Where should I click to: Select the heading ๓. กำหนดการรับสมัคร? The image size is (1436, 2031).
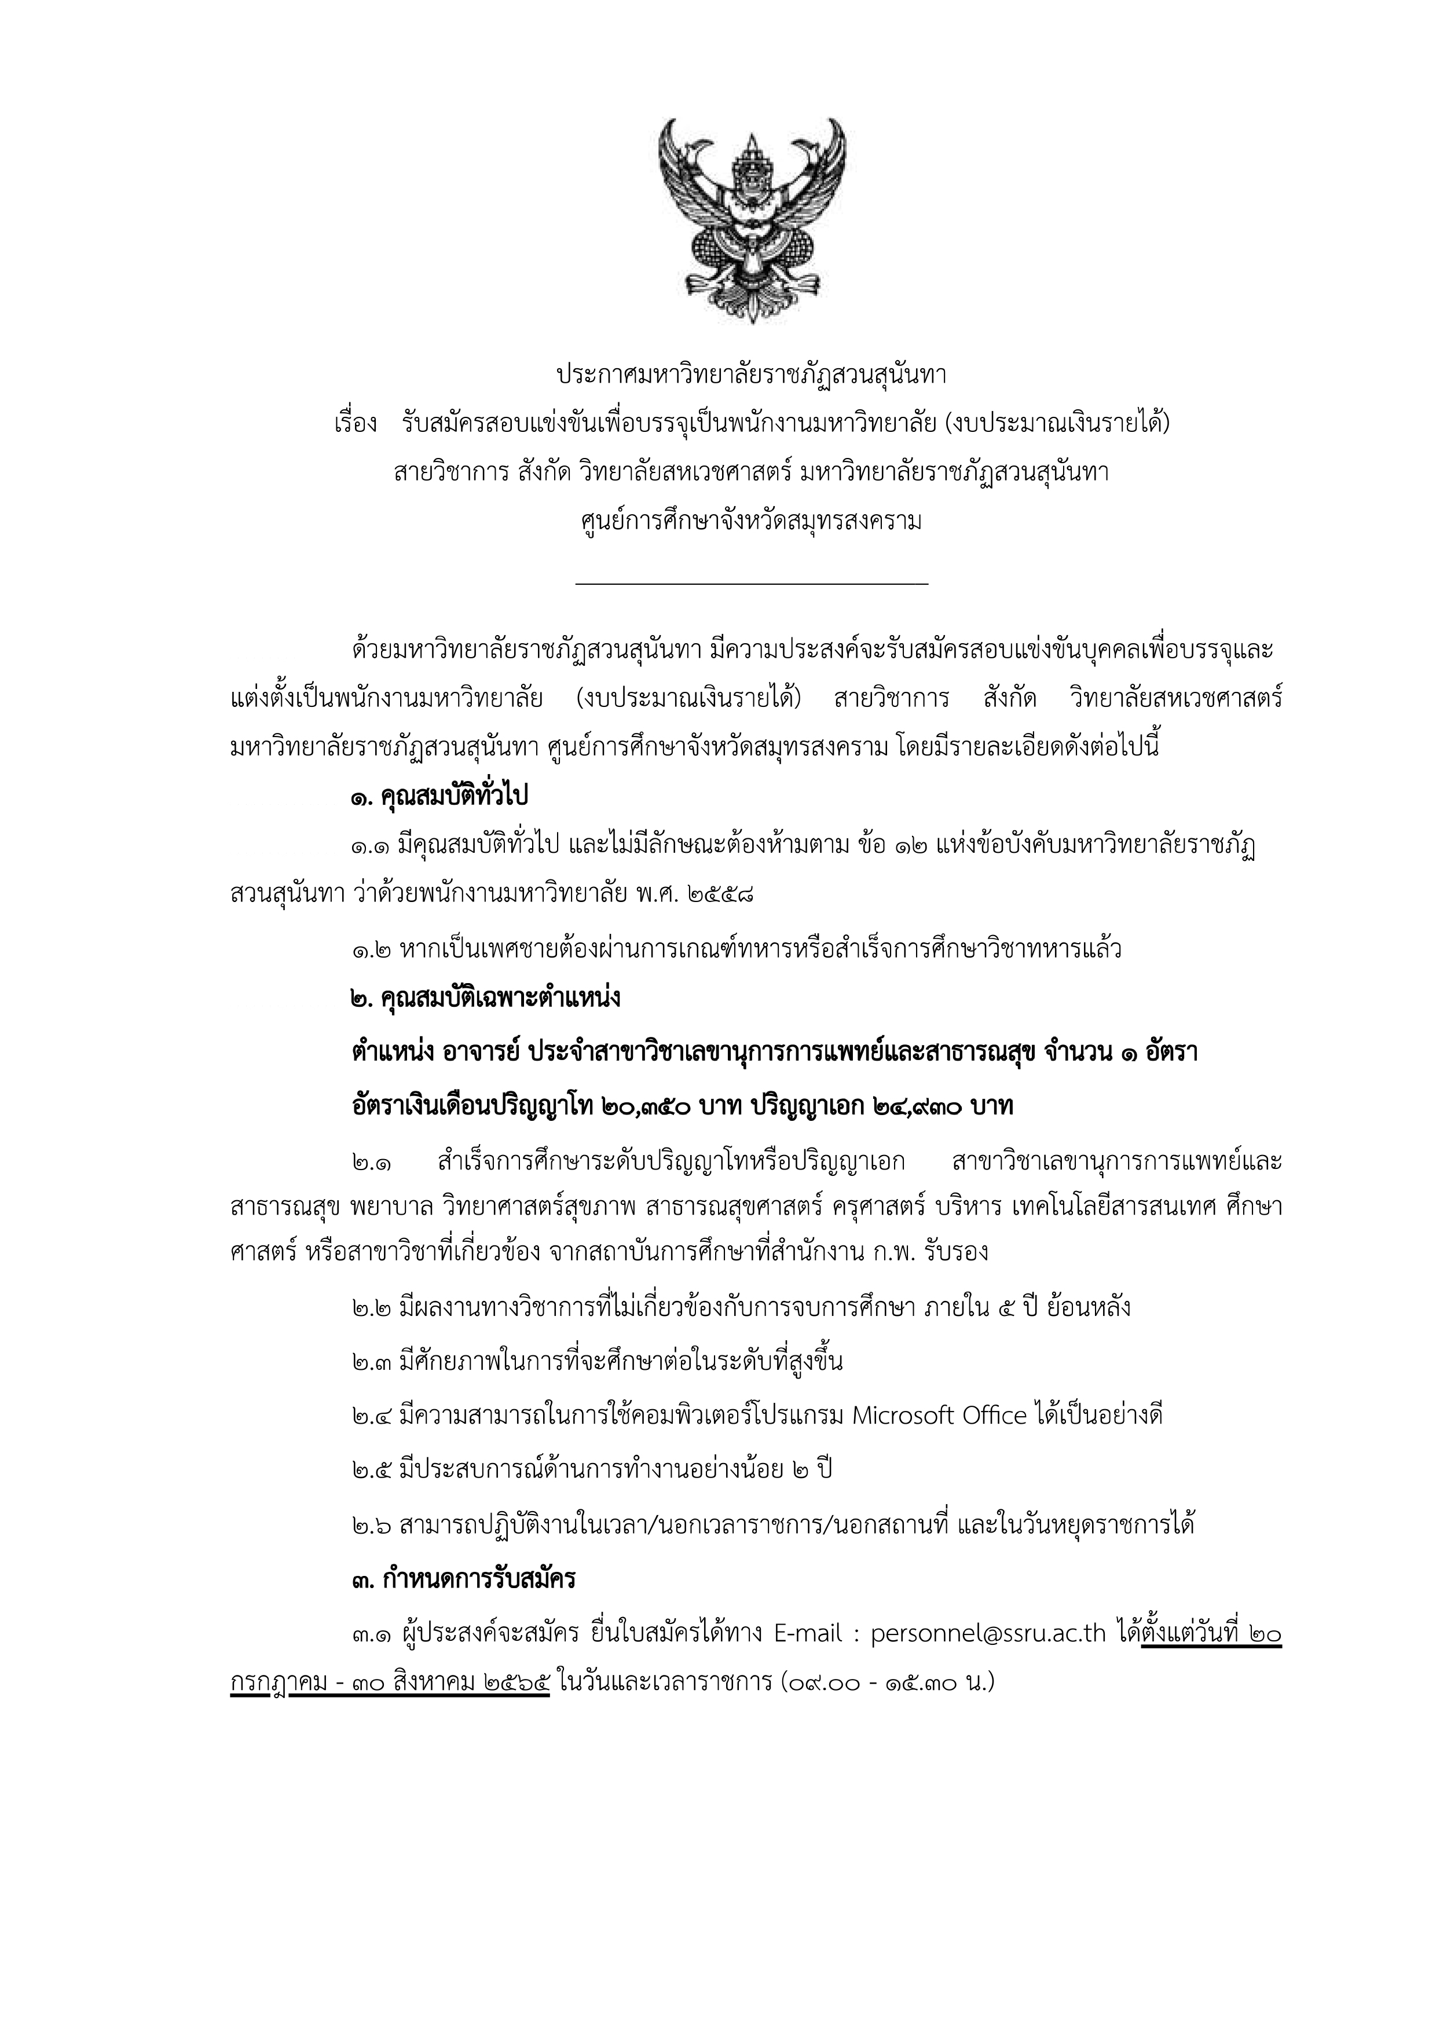tap(463, 1579)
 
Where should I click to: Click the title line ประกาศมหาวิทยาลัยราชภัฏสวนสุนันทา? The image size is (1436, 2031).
tap(751, 375)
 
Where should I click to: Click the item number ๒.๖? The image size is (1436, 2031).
tap(370, 1525)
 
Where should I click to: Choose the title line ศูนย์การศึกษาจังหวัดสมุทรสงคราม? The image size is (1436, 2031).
tap(751, 521)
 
